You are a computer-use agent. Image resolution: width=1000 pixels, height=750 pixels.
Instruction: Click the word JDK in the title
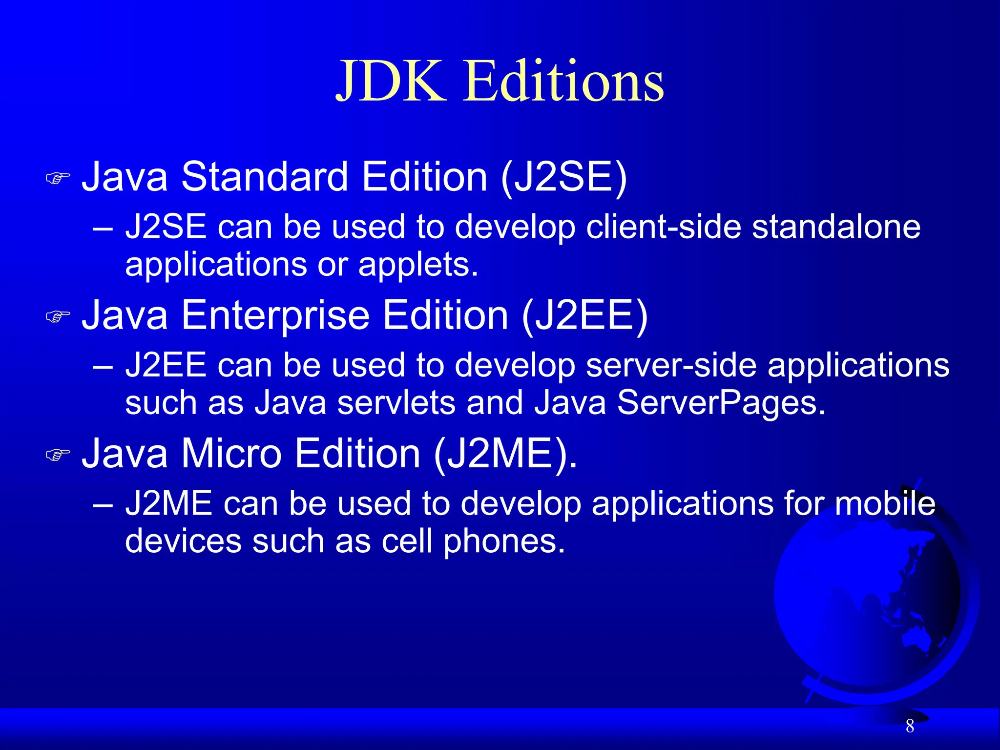click(x=391, y=81)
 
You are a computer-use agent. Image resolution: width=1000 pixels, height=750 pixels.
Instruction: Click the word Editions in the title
click(x=563, y=81)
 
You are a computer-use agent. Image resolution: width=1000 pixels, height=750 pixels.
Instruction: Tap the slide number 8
click(x=910, y=726)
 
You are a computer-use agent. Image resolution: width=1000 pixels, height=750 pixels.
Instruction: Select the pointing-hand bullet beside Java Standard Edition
click(x=58, y=178)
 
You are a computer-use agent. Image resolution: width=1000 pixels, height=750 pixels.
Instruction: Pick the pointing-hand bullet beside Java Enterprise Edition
click(x=58, y=316)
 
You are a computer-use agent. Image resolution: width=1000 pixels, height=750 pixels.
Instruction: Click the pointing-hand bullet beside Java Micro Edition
click(x=58, y=455)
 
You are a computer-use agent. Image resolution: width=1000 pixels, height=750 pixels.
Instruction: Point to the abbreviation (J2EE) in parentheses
click(x=584, y=315)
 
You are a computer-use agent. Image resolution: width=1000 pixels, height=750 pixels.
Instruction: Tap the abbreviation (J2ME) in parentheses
click(x=505, y=454)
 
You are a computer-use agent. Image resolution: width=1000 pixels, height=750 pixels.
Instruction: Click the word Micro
click(x=231, y=454)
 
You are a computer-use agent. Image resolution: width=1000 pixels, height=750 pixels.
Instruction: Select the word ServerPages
click(x=721, y=403)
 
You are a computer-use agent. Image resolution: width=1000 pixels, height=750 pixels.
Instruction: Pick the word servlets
click(x=396, y=403)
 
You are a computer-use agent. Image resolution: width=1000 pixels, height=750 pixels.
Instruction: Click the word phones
click(x=504, y=542)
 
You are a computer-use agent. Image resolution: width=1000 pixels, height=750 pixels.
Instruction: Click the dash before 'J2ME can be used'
click(x=103, y=504)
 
